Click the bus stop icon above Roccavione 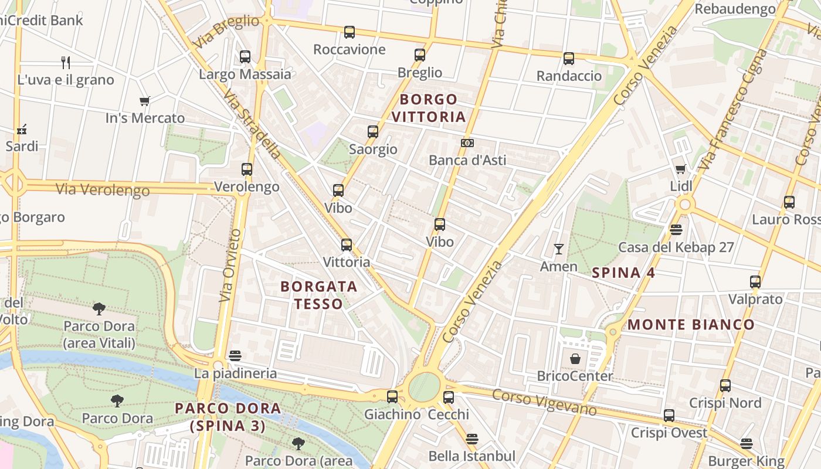point(350,32)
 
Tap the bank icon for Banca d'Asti point(467,142)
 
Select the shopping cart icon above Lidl point(680,169)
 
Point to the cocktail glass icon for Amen point(558,249)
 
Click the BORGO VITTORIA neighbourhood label point(428,108)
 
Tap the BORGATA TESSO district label point(318,295)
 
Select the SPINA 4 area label point(623,273)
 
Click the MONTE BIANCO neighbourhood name point(691,324)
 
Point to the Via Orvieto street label point(230,266)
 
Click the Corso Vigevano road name point(544,402)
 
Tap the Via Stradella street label point(252,124)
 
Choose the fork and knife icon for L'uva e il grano point(66,62)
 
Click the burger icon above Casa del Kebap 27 point(676,229)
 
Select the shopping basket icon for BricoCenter point(575,358)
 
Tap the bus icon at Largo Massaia point(245,57)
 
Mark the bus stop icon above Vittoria point(347,244)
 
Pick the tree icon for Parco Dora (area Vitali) point(99,308)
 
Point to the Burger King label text point(746,461)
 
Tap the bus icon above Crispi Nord point(725,385)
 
